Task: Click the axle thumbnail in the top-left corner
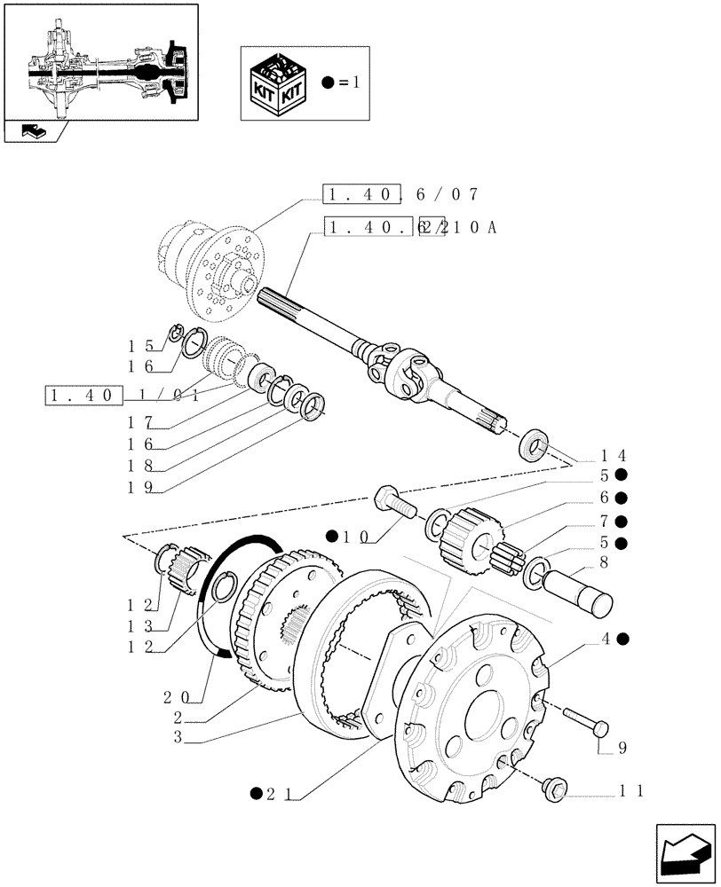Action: point(100,61)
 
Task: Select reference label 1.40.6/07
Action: point(402,195)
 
